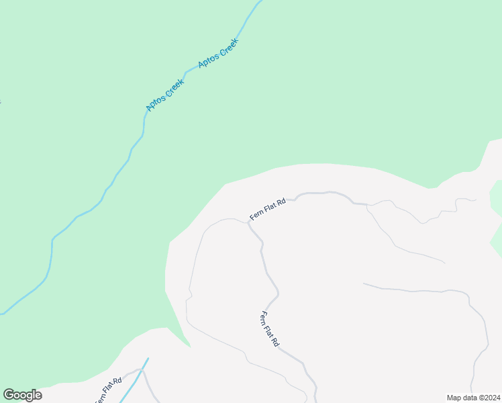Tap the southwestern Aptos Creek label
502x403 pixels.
click(164, 95)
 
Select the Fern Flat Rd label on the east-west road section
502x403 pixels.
click(268, 208)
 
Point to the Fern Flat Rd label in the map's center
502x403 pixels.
click(270, 329)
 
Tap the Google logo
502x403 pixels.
click(23, 395)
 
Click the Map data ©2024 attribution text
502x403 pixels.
click(473, 398)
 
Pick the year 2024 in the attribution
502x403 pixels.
click(491, 398)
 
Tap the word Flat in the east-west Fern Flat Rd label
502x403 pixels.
click(268, 208)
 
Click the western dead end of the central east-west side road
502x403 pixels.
click(364, 284)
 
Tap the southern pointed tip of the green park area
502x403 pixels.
click(190, 347)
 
